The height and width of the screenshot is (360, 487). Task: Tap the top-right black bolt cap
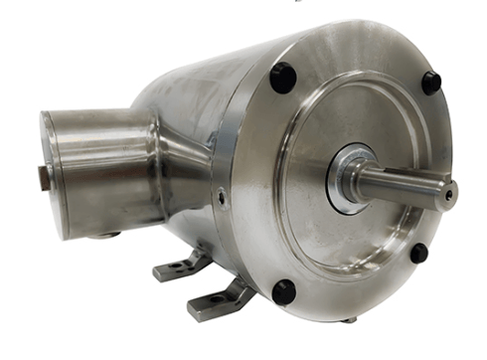430,83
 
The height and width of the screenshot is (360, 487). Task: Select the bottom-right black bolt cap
418,254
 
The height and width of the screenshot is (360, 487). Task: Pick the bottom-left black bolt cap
284,291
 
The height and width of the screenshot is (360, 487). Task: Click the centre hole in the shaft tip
450,193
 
